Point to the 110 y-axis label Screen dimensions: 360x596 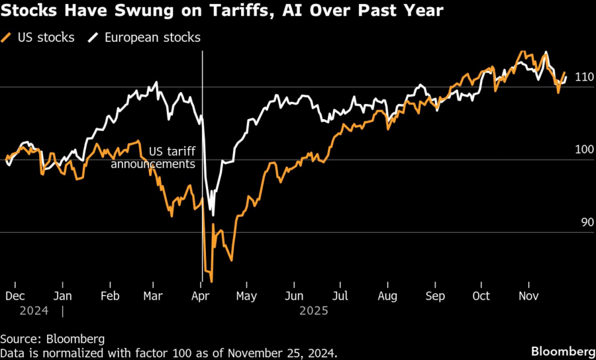coord(583,77)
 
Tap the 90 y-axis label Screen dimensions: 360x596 coord(585,223)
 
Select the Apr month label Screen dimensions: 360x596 coord(200,296)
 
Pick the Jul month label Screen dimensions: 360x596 coord(340,296)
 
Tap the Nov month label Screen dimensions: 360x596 coord(528,296)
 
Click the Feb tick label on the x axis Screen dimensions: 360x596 coord(110,296)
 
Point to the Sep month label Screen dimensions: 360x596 coord(435,296)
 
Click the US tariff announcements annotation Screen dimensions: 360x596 coord(153,157)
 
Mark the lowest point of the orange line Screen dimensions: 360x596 coord(211,281)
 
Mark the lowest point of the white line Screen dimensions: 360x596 coord(213,214)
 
